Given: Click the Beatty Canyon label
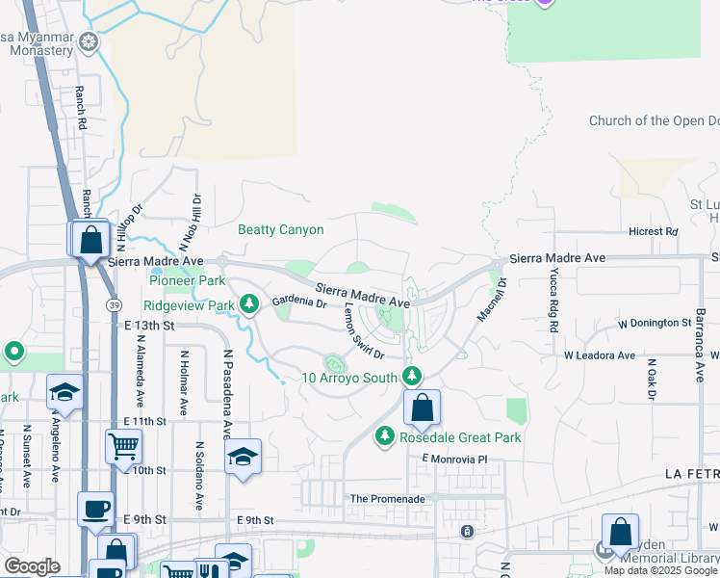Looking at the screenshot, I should pyautogui.click(x=281, y=230).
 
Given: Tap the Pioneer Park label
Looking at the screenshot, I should pyautogui.click(x=186, y=281).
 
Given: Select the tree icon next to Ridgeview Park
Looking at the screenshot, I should pyautogui.click(x=249, y=305).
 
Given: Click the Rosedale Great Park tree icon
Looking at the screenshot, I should pyautogui.click(x=385, y=437).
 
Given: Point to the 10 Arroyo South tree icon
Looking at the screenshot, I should pyautogui.click(x=412, y=376).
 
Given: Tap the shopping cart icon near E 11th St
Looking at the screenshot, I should pyautogui.click(x=123, y=447).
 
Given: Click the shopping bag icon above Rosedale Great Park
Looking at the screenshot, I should pyautogui.click(x=422, y=408).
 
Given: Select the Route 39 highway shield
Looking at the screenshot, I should pyautogui.click(x=113, y=304).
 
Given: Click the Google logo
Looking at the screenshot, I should pyautogui.click(x=32, y=566).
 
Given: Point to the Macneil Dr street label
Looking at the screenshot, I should pyautogui.click(x=493, y=300).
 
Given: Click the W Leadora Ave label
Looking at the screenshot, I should pyautogui.click(x=599, y=355).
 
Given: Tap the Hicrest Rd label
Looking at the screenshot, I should pyautogui.click(x=653, y=232).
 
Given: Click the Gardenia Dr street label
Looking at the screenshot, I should pyautogui.click(x=298, y=302).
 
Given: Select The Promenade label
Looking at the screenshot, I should pyautogui.click(x=387, y=499).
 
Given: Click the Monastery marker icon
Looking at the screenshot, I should pyautogui.click(x=90, y=41).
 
